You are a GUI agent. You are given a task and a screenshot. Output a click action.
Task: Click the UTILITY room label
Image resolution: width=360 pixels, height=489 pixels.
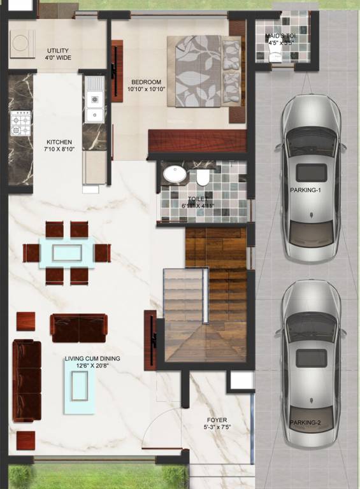[x=58, y=51]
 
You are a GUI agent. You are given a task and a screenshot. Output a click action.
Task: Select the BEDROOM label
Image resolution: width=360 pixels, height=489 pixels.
[x=146, y=81]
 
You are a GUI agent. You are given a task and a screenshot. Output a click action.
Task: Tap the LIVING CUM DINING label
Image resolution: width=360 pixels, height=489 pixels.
[x=92, y=358]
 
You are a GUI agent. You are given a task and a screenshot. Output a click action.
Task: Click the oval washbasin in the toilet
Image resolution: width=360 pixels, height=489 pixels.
[x=172, y=173]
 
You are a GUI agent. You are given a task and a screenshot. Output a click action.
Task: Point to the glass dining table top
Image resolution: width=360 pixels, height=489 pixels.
[x=66, y=252]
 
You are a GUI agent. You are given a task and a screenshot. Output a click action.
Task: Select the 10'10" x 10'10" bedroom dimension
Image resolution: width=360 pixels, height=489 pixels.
[x=146, y=90]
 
